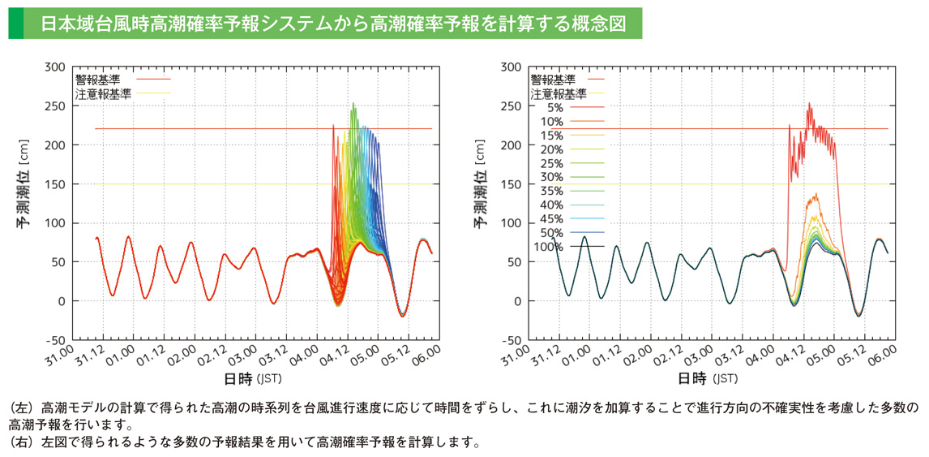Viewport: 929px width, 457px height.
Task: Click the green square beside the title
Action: pyautogui.click(x=15, y=24)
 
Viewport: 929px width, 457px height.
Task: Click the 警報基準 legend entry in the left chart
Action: pyautogui.click(x=97, y=79)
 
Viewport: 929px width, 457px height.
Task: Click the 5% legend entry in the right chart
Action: pyautogui.click(x=554, y=107)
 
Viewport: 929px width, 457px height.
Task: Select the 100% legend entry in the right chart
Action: pyautogui.click(x=549, y=246)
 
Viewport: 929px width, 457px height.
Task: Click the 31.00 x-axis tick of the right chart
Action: pyautogui.click(x=522, y=355)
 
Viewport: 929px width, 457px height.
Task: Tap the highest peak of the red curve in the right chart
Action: pyautogui.click(x=809, y=103)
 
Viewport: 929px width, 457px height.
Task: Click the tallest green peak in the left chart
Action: pyautogui.click(x=353, y=103)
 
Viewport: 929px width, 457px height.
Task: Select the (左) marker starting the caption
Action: pyautogui.click(x=19, y=407)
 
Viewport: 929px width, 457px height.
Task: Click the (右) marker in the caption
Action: pyautogui.click(x=19, y=442)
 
